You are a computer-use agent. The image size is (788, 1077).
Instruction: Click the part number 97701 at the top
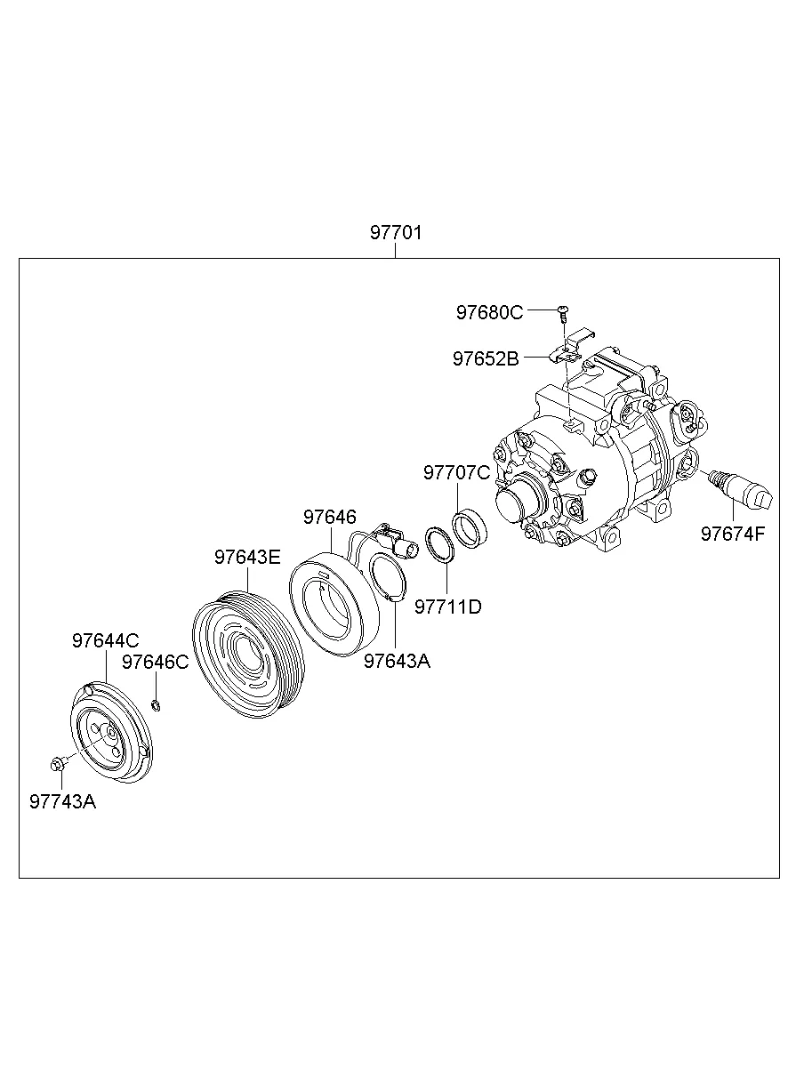[x=396, y=233]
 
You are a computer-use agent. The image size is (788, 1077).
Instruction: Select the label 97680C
[x=489, y=312]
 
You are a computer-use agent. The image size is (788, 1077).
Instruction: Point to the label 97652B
[x=486, y=358]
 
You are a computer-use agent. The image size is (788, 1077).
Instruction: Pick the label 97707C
[x=456, y=472]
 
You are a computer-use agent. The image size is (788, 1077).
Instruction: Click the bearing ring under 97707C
[x=470, y=529]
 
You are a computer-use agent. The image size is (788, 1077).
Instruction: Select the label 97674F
[x=732, y=534]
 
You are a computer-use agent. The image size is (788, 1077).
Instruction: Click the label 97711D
[x=447, y=607]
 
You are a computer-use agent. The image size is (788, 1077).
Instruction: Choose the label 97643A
[x=397, y=661]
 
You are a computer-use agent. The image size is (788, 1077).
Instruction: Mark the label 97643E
[x=247, y=557]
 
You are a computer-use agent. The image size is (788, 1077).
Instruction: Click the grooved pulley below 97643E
[x=248, y=655]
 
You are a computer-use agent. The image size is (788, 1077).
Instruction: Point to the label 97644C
[x=105, y=640]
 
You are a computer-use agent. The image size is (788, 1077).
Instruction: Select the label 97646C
[x=155, y=662]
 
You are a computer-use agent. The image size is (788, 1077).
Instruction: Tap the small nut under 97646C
[x=156, y=706]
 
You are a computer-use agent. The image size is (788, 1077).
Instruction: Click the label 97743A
[x=62, y=801]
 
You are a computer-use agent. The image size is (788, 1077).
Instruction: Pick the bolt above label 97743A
[x=58, y=763]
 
